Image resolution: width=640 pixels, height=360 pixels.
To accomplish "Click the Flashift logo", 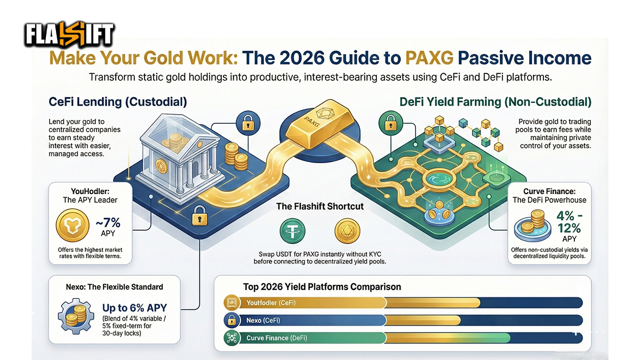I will [x=69, y=35].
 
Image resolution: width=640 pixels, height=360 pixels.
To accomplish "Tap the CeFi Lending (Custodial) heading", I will [x=118, y=101].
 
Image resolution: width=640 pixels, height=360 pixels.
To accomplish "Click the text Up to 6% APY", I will [x=134, y=308].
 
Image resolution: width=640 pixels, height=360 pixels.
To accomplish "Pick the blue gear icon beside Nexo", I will [x=77, y=314].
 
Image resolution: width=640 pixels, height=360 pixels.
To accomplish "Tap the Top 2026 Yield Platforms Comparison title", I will [x=322, y=287].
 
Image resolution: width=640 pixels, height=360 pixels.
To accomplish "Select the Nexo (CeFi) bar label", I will [x=263, y=321].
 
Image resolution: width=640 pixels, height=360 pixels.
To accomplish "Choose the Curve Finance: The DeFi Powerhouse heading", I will [x=549, y=195].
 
